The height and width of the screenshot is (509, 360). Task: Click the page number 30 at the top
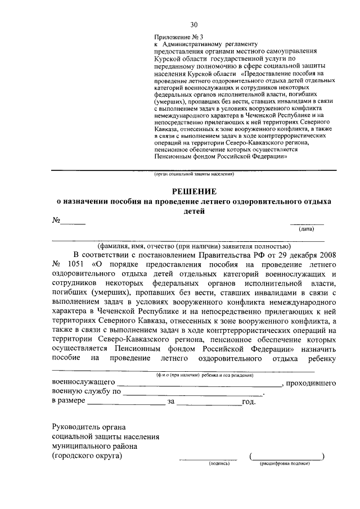tap(194, 24)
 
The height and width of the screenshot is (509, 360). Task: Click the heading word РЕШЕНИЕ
tap(194, 192)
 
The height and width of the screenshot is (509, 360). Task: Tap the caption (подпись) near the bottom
tap(217, 464)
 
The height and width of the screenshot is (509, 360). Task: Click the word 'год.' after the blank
tap(249, 402)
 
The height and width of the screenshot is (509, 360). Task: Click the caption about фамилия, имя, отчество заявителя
tap(188, 246)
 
